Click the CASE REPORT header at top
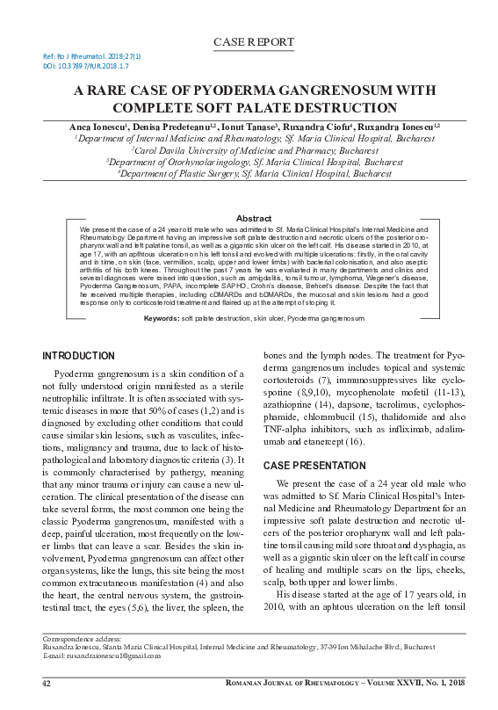click(249, 42)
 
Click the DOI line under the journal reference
click(86, 66)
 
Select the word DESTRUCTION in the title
click(351, 108)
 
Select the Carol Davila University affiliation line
click(249, 150)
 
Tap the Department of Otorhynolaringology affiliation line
click(249, 162)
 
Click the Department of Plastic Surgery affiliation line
click(249, 173)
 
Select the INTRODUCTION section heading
click(79, 356)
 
